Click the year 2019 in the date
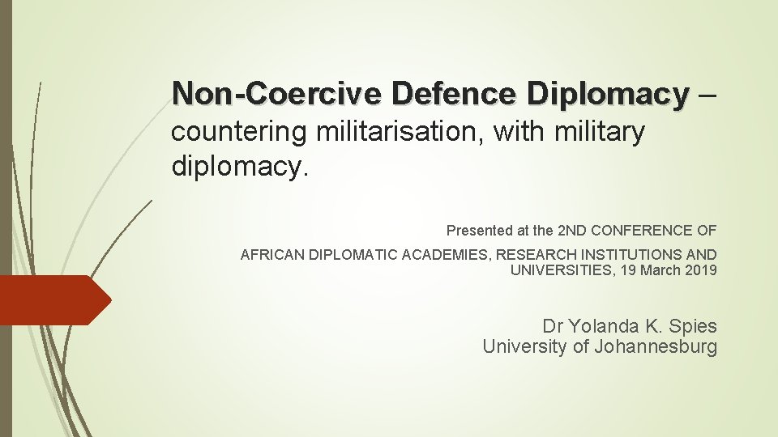click(x=701, y=270)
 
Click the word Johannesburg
click(x=656, y=347)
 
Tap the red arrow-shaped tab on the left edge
click(x=53, y=299)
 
